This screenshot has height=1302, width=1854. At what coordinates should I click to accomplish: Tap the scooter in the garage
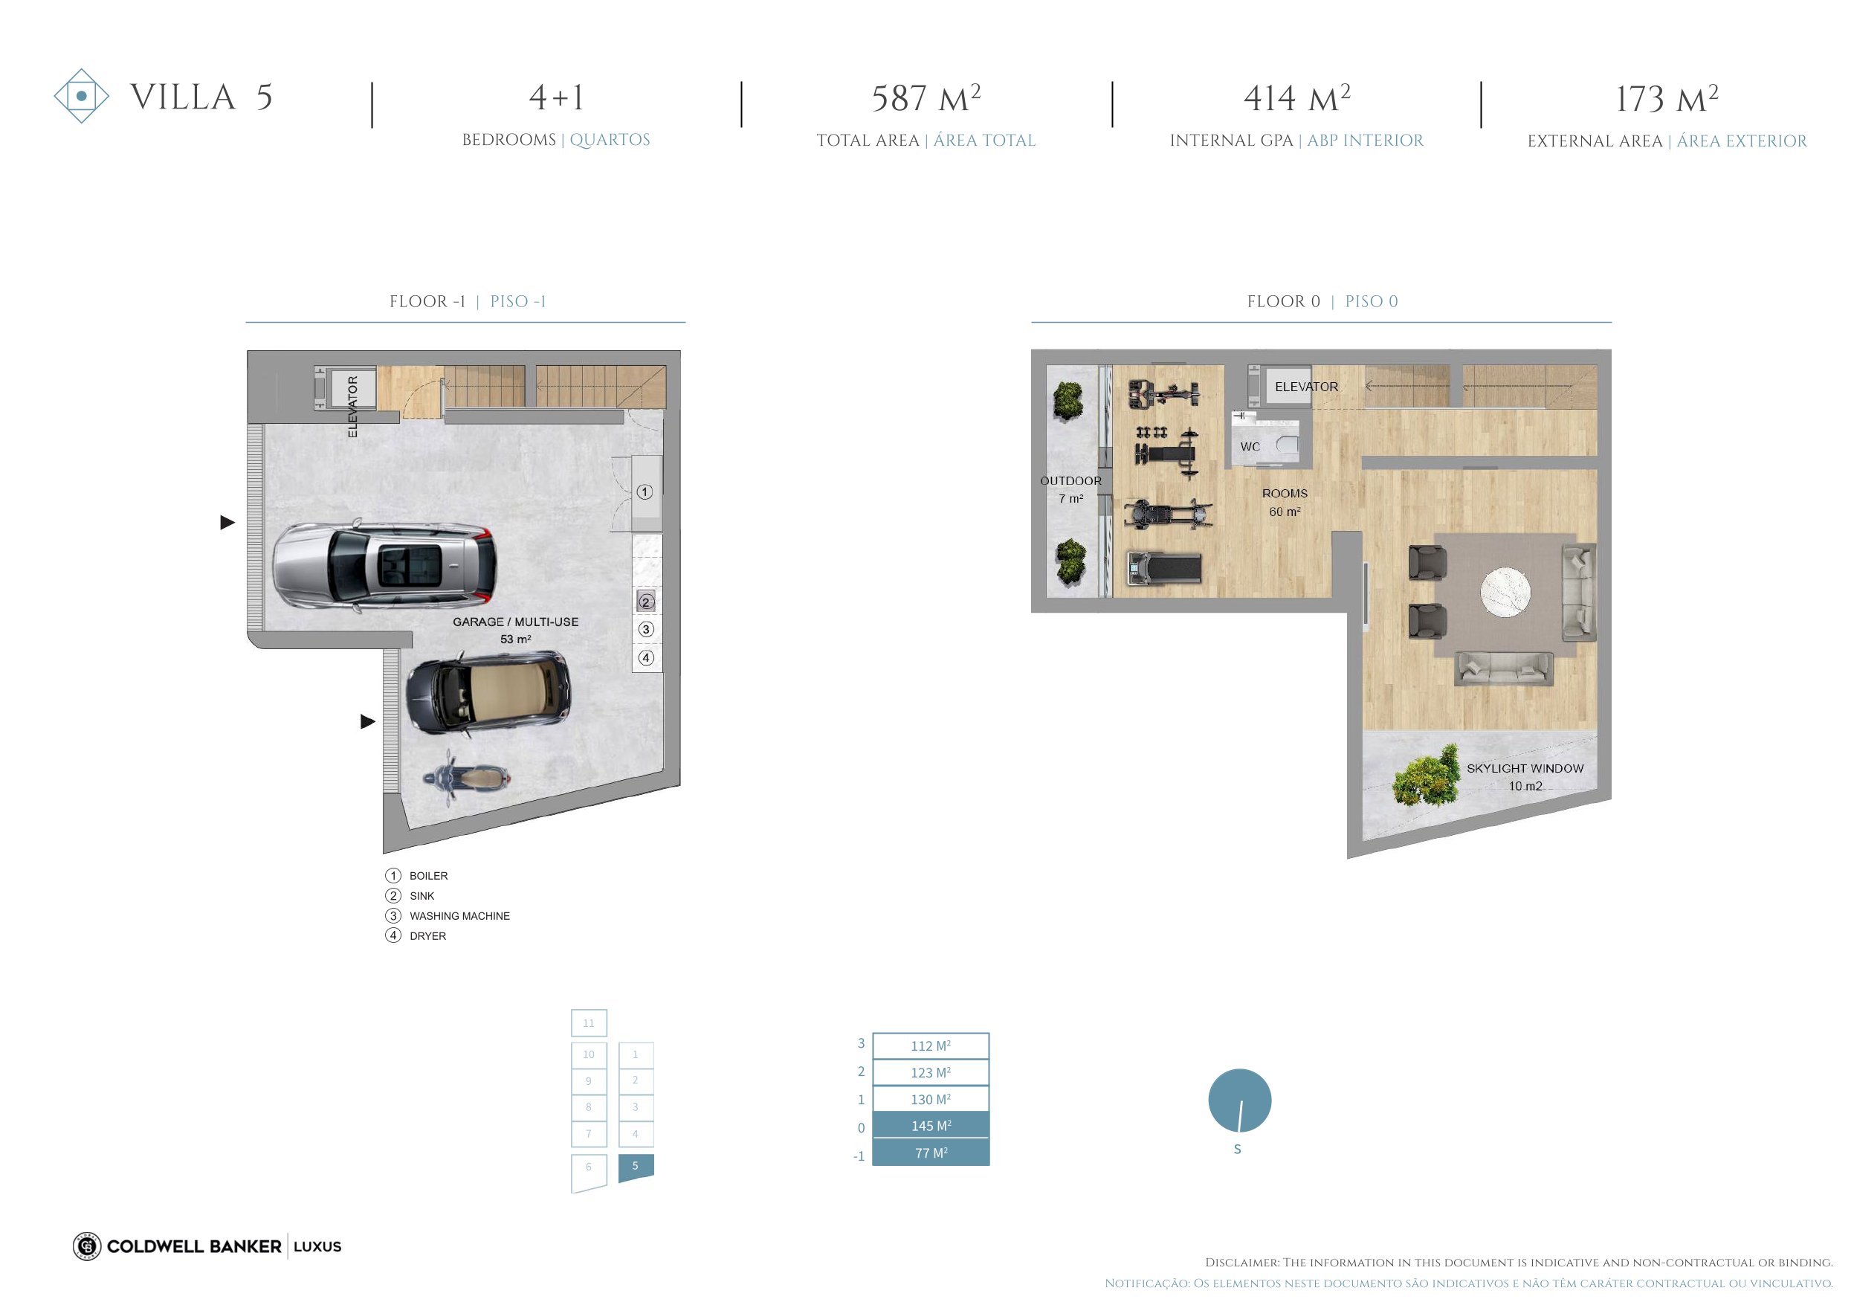click(466, 778)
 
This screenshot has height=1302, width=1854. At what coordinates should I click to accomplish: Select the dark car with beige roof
click(488, 693)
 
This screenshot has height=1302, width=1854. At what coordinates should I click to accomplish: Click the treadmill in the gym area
click(1163, 568)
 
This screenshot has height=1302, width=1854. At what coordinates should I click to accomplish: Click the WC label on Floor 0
click(1250, 447)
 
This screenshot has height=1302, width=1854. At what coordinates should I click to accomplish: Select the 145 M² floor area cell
click(931, 1125)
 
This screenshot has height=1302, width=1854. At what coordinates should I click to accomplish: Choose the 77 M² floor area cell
click(931, 1153)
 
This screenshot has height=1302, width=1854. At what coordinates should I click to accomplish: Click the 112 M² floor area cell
click(931, 1045)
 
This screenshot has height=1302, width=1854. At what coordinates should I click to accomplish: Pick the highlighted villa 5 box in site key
click(636, 1167)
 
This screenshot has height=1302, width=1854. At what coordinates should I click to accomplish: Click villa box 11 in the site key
click(589, 1022)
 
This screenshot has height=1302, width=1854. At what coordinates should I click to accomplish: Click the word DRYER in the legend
click(428, 936)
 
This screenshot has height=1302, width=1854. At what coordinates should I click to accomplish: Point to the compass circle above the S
click(1239, 1100)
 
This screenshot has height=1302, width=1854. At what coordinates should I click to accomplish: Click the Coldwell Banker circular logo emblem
click(86, 1246)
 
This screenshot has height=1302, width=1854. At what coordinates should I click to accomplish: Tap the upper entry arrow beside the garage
click(227, 523)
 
